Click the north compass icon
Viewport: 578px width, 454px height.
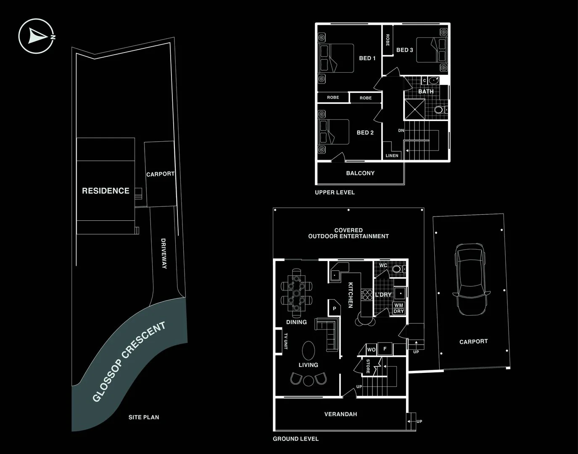36,36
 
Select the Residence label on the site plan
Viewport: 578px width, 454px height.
106,191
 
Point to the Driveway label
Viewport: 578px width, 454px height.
164,253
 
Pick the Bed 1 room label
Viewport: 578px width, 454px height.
367,58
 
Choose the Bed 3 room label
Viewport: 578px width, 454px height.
404,50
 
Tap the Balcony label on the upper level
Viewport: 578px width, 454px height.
360,173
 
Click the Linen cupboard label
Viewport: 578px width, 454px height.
392,156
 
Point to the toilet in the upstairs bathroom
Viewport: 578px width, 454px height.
439,110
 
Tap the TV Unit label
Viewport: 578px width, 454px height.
285,341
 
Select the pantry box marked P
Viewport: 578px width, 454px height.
334,308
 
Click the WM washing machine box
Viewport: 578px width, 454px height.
399,305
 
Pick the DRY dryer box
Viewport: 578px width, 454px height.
399,311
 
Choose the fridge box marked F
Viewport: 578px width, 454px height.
385,348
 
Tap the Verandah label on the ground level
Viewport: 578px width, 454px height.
340,414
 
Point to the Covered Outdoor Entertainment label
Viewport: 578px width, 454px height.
348,233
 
